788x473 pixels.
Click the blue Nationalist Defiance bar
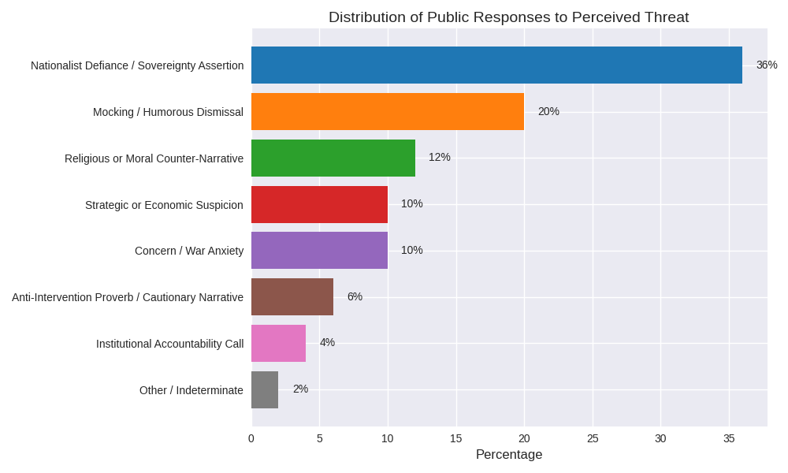[496, 65]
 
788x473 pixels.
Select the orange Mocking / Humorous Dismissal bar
[388, 111]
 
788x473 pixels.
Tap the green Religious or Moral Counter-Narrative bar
[333, 158]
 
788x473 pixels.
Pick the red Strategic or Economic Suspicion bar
[319, 204]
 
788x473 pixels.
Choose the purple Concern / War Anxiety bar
[319, 250]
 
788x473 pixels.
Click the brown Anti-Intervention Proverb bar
[292, 296]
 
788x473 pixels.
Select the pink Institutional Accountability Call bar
[278, 343]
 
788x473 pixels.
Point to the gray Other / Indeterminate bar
[265, 389]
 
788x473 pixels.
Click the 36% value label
[767, 65]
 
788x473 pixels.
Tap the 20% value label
[548, 111]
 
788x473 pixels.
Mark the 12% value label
[440, 157]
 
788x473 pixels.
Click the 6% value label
[355, 296]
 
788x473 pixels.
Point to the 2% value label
[300, 389]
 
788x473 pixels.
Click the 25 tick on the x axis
[593, 438]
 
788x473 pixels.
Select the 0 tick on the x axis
[251, 438]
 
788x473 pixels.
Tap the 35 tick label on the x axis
[729, 438]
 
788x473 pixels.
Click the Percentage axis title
[509, 455]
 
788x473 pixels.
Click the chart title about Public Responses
[508, 17]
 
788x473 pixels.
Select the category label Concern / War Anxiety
[189, 251]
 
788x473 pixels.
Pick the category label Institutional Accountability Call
[169, 344]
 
